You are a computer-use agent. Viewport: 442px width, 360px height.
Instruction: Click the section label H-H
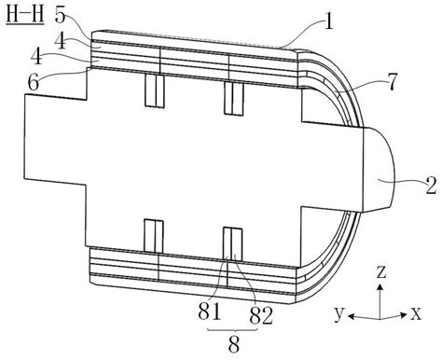click(25, 16)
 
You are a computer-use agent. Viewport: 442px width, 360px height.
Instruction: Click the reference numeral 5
click(61, 15)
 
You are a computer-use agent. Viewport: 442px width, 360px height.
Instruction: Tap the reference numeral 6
click(34, 82)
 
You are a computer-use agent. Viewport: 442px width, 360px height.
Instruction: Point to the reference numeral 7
click(392, 82)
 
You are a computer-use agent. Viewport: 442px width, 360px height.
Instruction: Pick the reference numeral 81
click(210, 312)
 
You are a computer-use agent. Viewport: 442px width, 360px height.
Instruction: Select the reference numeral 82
click(261, 316)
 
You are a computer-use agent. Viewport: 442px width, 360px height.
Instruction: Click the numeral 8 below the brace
click(234, 344)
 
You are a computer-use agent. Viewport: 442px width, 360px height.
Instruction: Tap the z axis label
click(381, 271)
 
